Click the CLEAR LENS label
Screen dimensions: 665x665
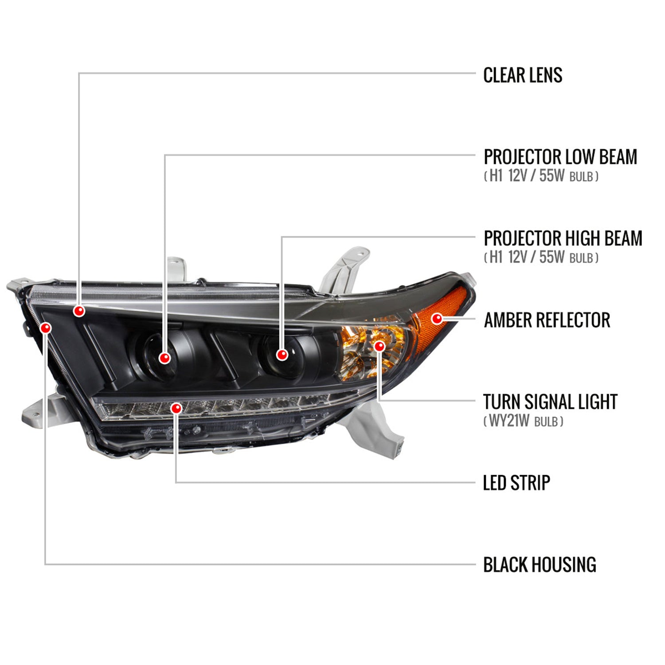pos(523,75)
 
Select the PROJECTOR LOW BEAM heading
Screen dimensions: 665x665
pos(560,156)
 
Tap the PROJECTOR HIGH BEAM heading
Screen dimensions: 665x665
pos(563,238)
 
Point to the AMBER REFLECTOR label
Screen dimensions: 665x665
pos(547,320)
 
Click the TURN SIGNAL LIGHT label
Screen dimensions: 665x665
pos(550,402)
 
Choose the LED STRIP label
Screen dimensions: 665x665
pos(516,483)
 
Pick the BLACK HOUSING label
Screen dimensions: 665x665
pos(540,564)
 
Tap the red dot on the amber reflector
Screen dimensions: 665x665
pos(437,318)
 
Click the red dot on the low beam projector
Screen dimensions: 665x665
pos(165,357)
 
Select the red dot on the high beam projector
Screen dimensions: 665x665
pos(282,354)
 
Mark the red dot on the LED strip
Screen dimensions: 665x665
pos(176,408)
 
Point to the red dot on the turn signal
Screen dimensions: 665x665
pos(379,346)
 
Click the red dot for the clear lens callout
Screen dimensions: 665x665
pos(79,311)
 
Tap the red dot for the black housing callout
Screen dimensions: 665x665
pos(46,328)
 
